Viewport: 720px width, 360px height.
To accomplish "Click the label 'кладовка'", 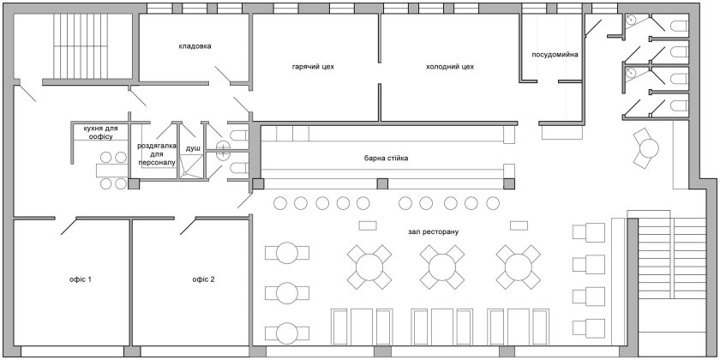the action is pos(195,46).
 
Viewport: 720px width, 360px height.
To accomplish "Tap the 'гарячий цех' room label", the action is pos(313,67).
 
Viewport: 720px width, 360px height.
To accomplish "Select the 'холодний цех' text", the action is pos(450,67).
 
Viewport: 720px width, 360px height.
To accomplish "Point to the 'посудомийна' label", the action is pos(555,55).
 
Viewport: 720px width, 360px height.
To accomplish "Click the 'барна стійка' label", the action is pos(385,158).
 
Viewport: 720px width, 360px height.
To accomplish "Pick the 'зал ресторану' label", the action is pos(433,232).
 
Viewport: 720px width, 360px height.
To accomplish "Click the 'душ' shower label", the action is pos(190,148).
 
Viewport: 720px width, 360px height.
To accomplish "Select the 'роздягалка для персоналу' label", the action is pos(157,153).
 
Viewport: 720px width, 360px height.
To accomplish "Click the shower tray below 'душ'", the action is pos(190,165).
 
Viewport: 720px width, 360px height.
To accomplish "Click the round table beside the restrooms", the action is pos(650,147).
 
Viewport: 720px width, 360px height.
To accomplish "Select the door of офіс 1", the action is pos(69,226).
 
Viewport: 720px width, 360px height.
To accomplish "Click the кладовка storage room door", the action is pos(223,75).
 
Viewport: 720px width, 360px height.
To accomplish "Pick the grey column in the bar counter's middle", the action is pos(382,184).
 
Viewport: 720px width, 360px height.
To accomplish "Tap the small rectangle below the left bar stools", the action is pos(368,225).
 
